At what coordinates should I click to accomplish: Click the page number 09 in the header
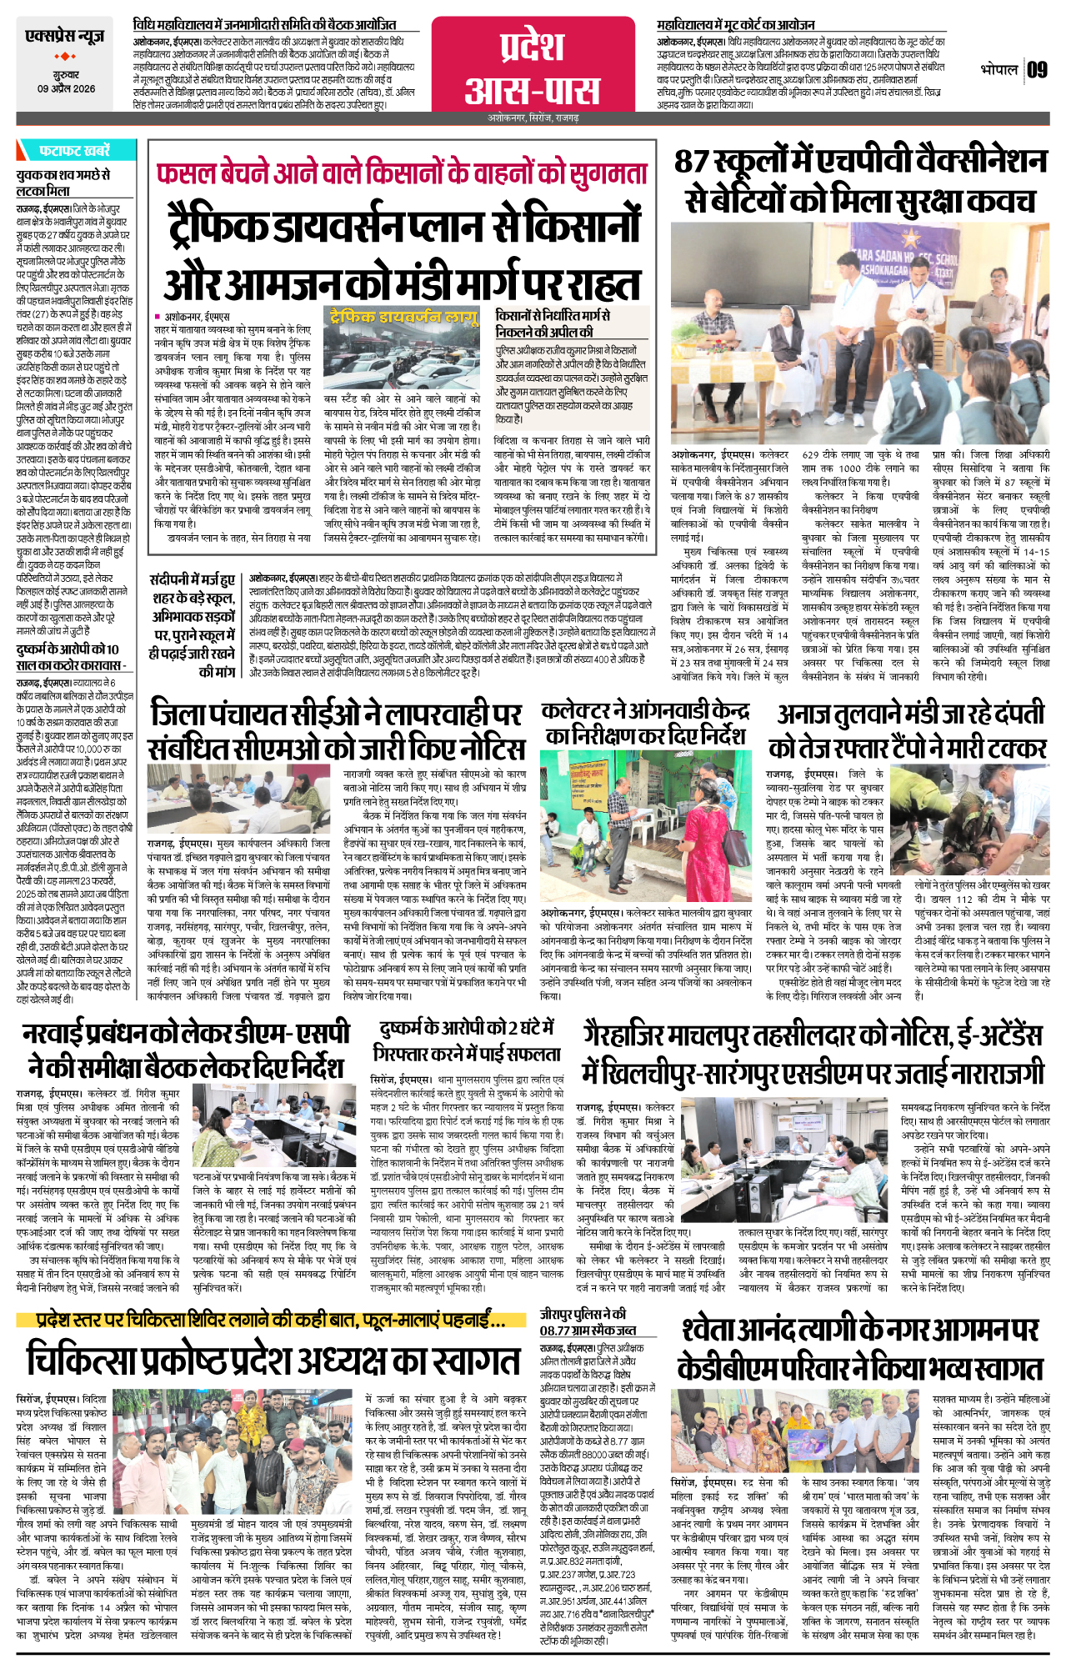1037,69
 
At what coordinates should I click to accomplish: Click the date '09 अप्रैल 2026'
66,88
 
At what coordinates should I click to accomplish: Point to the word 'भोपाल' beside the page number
998,69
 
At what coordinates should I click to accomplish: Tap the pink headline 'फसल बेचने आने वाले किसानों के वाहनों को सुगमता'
401,173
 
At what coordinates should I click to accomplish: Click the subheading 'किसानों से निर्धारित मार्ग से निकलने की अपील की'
553,323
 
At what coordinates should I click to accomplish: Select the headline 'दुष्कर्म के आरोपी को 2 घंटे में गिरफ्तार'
467,1040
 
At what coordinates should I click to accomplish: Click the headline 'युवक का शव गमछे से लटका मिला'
63,183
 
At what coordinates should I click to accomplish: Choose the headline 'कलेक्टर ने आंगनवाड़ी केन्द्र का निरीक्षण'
644,723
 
